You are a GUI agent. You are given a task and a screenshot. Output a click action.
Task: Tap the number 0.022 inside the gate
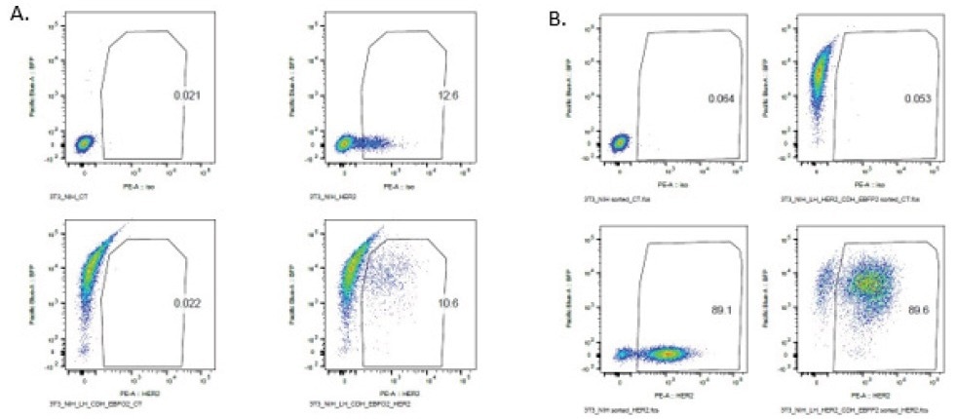pos(177,305)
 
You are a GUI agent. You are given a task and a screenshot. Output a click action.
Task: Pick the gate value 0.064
pos(720,98)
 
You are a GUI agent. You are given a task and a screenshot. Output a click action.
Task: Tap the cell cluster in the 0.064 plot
pos(618,144)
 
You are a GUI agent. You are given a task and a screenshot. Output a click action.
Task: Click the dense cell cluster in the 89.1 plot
pos(666,354)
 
